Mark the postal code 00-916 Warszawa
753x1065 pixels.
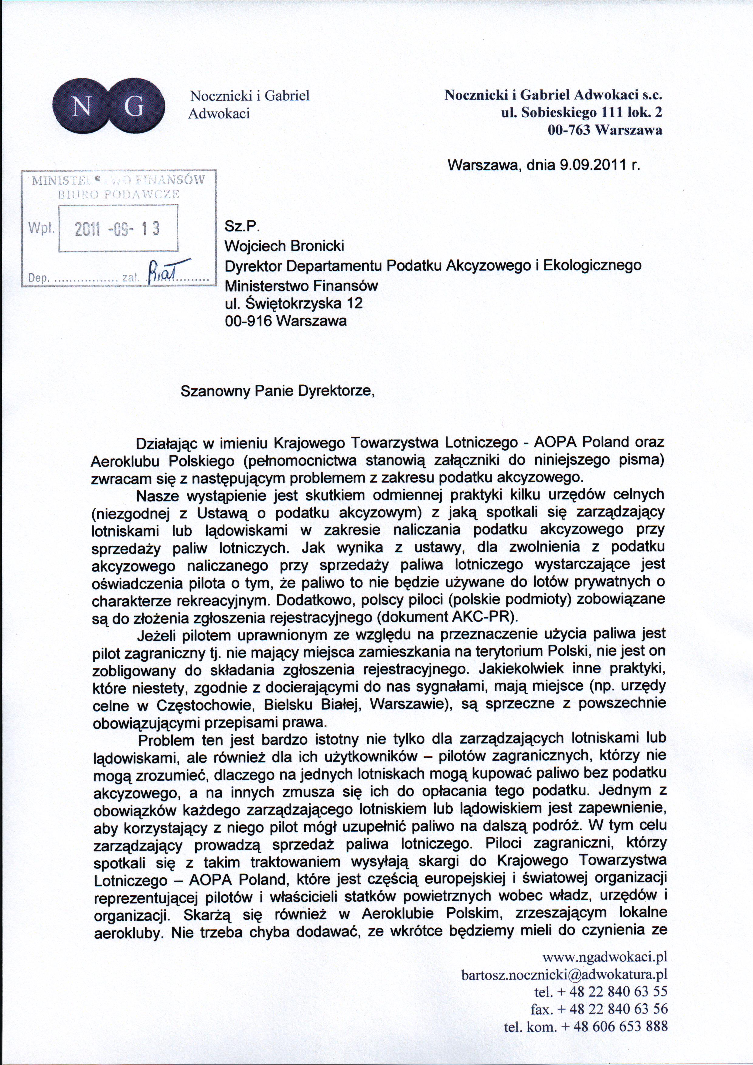coord(286,321)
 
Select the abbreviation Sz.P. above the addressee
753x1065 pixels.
coord(237,227)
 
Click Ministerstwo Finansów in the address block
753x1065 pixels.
coord(301,285)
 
